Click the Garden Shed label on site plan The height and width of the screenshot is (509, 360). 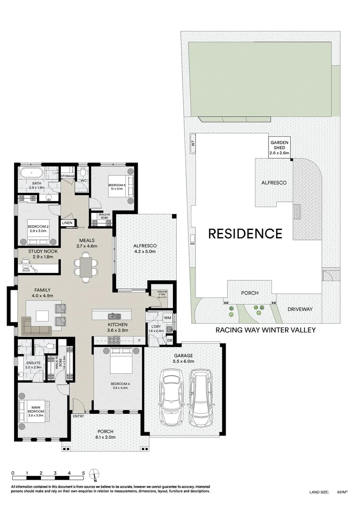pyautogui.click(x=279, y=147)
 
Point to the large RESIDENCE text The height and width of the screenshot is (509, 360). pyautogui.click(x=245, y=233)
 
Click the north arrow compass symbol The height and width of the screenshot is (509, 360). pyautogui.click(x=96, y=474)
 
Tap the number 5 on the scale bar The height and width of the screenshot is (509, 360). pyautogui.click(x=83, y=473)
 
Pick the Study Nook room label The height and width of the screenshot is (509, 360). pyautogui.click(x=43, y=255)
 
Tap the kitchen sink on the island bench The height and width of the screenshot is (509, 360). pyautogui.click(x=113, y=316)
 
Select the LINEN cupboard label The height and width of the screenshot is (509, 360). pyautogui.click(x=67, y=222)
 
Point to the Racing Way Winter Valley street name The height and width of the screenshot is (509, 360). pyautogui.click(x=265, y=330)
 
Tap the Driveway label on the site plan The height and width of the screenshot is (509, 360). pyautogui.click(x=300, y=309)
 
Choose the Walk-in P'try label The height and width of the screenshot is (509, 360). pyautogui.click(x=162, y=295)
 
